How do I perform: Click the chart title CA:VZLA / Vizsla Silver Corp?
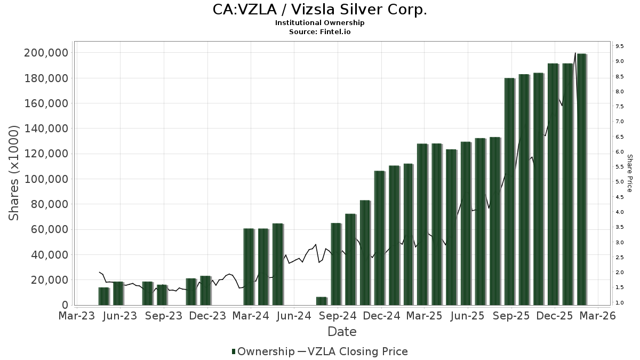click(320, 10)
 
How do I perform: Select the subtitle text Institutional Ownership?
click(320, 23)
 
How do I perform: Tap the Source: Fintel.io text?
click(320, 31)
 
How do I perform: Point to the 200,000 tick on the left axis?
click(46, 53)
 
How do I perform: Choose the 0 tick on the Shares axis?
click(65, 305)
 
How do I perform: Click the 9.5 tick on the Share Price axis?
click(619, 46)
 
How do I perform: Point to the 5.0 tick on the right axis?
click(619, 182)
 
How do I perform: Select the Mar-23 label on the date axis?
click(76, 316)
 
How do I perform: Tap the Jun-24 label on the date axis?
click(294, 316)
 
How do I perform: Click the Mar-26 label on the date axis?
click(598, 316)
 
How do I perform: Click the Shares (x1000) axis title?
click(14, 173)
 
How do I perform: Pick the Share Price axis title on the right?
click(629, 173)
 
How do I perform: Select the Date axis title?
click(342, 332)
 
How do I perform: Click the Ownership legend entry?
click(263, 351)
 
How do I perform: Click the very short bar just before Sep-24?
click(321, 301)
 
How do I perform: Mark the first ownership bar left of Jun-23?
click(103, 296)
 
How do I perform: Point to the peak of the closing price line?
click(575, 53)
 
